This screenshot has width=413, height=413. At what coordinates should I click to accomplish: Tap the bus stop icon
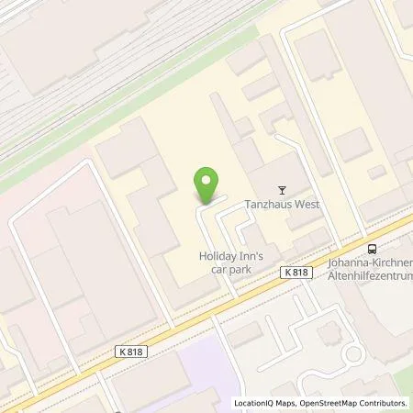[372, 248]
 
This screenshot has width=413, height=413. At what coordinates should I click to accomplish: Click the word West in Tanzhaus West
[307, 205]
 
